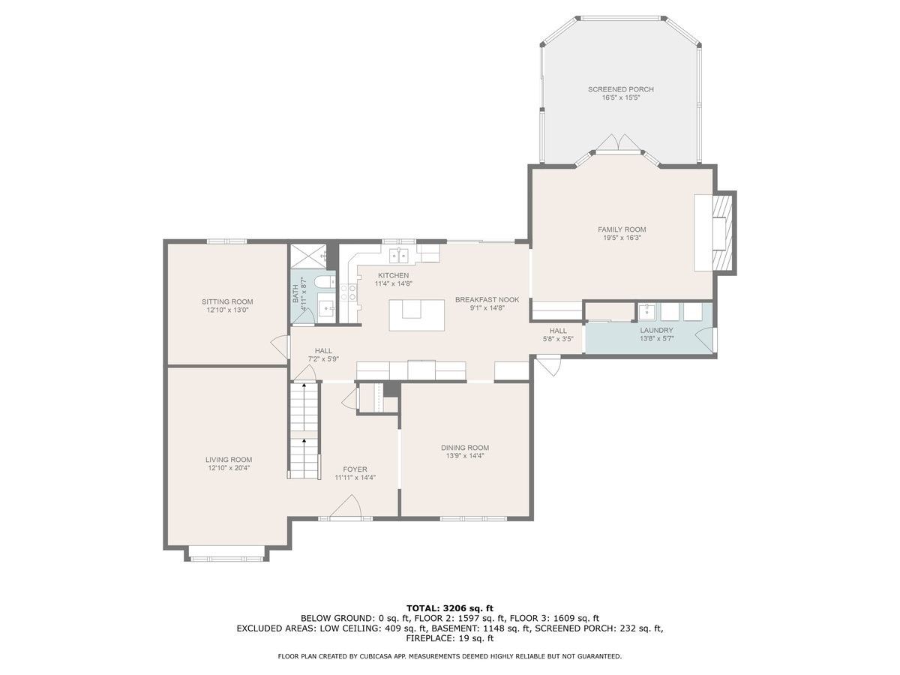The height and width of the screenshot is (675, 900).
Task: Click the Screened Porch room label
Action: (620, 89)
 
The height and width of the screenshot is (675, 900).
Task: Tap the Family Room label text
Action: (622, 229)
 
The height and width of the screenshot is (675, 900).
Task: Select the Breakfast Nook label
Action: (487, 300)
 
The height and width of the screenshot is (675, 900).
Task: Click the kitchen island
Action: (416, 315)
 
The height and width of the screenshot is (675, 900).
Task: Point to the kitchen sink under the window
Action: (399, 255)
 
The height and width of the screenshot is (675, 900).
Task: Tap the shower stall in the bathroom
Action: (308, 257)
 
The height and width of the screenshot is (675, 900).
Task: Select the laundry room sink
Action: (646, 311)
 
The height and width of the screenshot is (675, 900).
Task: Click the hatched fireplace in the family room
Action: (722, 232)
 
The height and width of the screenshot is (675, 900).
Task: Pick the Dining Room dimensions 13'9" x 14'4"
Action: (465, 456)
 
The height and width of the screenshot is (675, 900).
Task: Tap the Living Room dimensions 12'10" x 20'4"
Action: (229, 467)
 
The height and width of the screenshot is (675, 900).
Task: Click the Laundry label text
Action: (656, 330)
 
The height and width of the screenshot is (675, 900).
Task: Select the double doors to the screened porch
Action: (618, 143)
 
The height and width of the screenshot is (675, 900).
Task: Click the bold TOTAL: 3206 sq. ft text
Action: (450, 608)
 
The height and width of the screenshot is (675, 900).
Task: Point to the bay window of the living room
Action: (227, 557)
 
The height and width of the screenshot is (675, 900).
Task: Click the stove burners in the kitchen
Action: (348, 293)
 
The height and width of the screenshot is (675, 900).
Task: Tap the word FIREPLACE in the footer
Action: (427, 638)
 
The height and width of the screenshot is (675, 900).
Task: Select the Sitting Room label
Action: (227, 302)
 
